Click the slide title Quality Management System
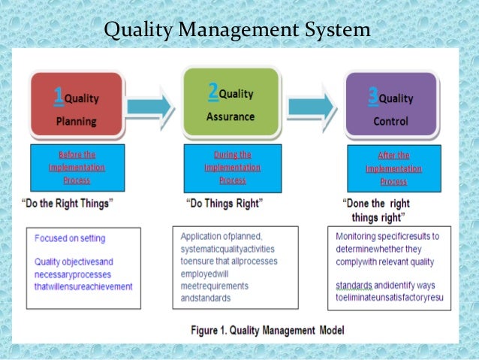pyautogui.click(x=236, y=31)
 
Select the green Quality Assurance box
pyautogui.click(x=230, y=104)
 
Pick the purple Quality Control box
pyautogui.click(x=390, y=107)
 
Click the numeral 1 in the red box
pyautogui.click(x=58, y=95)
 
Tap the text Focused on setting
pyautogui.click(x=70, y=238)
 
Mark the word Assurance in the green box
pyautogui.click(x=230, y=116)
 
